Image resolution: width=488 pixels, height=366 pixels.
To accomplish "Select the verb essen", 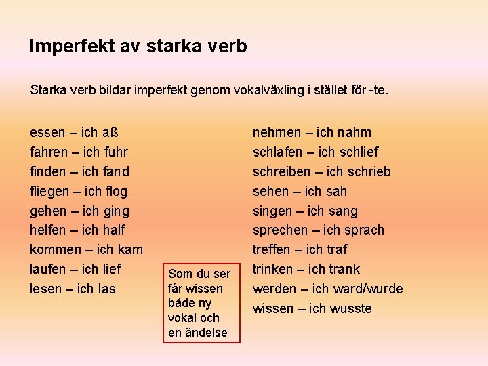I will click(47, 133).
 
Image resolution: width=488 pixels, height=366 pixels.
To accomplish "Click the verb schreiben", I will click(282, 171).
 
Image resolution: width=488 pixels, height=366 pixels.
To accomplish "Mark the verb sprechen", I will click(281, 230).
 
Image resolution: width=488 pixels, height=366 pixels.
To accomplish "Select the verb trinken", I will click(275, 269).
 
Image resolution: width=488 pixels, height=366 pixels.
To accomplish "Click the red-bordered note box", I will click(199, 302).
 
